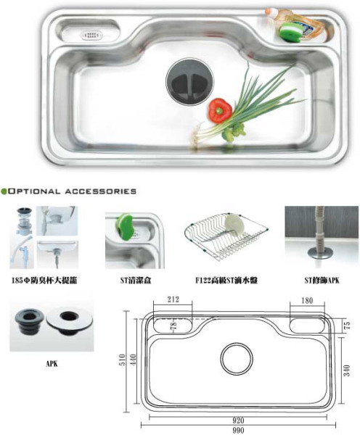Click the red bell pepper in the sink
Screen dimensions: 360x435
(x=220, y=110)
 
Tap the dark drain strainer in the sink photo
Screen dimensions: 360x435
(x=190, y=81)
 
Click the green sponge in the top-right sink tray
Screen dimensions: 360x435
(x=290, y=33)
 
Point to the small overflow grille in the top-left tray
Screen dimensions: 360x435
(x=91, y=36)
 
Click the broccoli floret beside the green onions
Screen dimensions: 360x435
(x=234, y=133)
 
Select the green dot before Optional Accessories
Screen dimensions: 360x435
(x=4, y=191)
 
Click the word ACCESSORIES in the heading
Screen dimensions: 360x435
(x=101, y=191)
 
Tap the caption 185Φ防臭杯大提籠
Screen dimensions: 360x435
(x=44, y=281)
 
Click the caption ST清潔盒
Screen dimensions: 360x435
(x=136, y=281)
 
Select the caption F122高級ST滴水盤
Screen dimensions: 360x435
(x=226, y=281)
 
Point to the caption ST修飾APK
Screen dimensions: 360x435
(x=322, y=281)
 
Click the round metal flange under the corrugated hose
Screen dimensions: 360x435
(x=320, y=253)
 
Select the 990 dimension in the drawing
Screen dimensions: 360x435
(x=238, y=430)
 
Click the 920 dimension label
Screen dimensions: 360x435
(x=238, y=420)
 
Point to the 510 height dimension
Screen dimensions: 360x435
(x=122, y=360)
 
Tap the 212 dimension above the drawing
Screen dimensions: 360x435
(x=173, y=299)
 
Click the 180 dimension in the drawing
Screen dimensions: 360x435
(x=307, y=300)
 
